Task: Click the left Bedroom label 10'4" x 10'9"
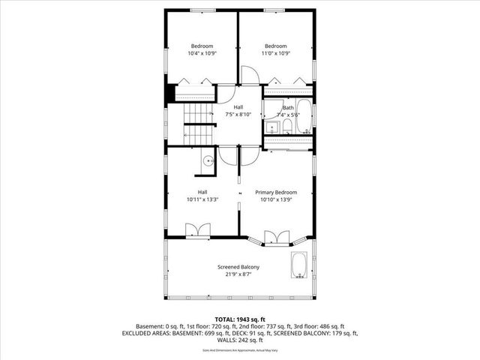201,49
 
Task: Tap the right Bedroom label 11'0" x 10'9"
275,49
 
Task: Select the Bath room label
289,107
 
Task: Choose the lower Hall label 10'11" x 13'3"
202,196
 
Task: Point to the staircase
200,124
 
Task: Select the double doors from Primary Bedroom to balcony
276,238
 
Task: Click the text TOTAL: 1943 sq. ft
239,319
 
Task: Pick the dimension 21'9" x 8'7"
238,274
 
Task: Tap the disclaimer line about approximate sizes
239,350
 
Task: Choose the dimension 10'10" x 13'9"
275,199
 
